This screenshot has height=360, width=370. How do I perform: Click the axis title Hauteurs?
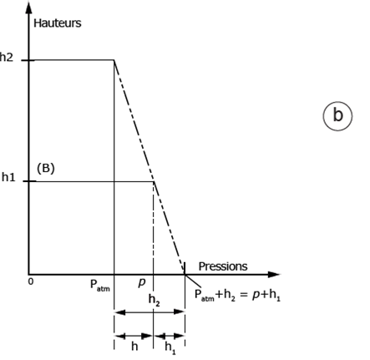pos(58,23)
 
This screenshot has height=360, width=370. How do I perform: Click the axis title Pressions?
pos(223,266)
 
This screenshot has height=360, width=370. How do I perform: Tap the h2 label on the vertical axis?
pos(6,58)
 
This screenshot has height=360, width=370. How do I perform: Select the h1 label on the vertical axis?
pos(8,177)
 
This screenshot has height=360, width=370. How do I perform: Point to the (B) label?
pos(46,169)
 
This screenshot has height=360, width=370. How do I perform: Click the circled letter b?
pos(337,116)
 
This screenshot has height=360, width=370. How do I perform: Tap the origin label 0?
pos(31,281)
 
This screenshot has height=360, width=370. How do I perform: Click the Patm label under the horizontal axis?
pos(100,285)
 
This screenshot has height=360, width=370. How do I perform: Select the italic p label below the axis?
pos(142,282)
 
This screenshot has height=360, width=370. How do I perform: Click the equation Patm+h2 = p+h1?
pos(237,295)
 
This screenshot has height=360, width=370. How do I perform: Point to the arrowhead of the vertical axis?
pos(28,8)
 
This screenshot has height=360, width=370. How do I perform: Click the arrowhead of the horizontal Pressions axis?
pos(273,275)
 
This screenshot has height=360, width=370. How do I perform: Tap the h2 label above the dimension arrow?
pos(155,300)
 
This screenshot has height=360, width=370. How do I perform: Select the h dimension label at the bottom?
pos(134,347)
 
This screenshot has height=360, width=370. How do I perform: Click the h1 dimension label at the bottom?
pos(170,347)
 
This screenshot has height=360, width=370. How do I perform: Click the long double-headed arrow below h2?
pos(150,312)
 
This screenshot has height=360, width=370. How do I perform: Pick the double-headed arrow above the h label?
pos(134,336)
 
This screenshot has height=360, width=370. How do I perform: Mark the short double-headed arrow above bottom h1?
pos(169,336)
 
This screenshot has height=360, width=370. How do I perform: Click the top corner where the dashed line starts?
pos(114,60)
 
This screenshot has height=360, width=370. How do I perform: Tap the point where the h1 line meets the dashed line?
pos(154,181)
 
